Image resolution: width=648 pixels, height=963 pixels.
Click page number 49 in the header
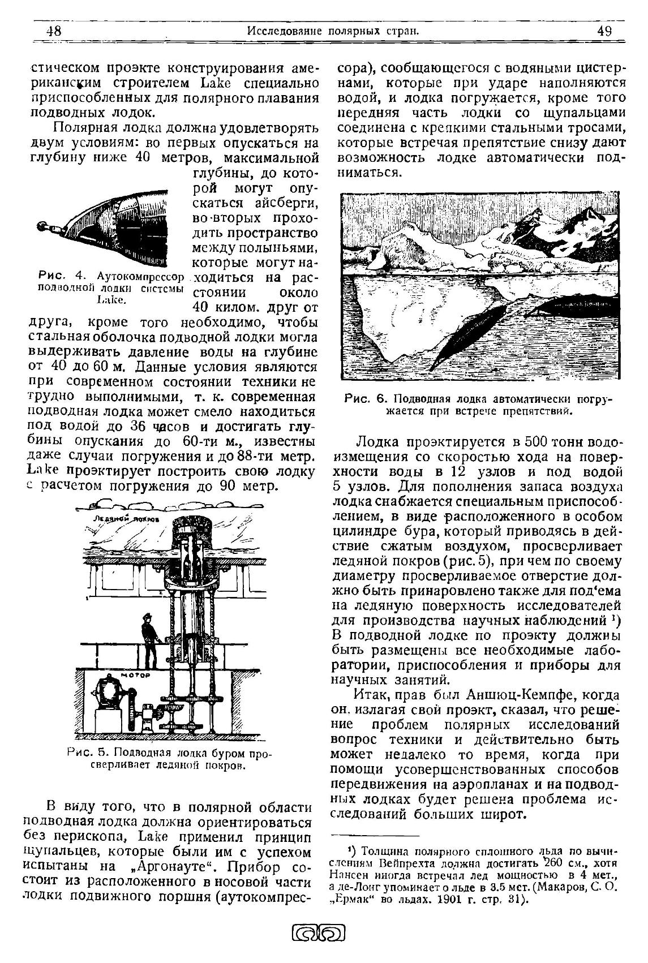[x=604, y=31]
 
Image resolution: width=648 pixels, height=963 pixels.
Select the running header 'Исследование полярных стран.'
[x=333, y=31]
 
